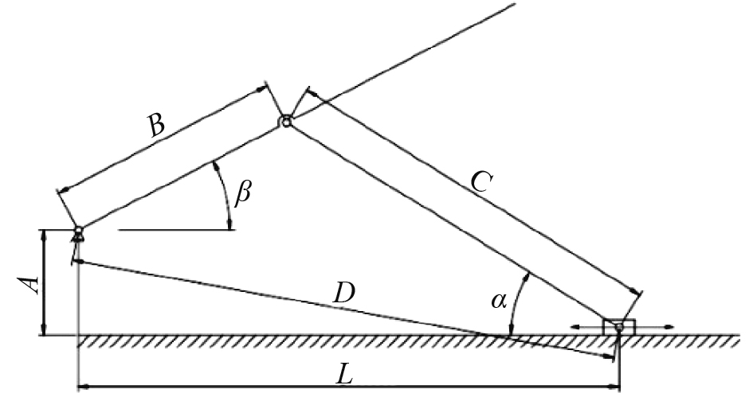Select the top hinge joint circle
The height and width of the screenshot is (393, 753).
[284, 122]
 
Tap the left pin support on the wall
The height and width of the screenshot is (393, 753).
[78, 232]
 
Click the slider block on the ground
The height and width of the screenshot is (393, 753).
[619, 327]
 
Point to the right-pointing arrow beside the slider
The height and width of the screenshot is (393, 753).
[669, 326]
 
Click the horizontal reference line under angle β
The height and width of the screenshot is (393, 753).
[175, 231]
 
